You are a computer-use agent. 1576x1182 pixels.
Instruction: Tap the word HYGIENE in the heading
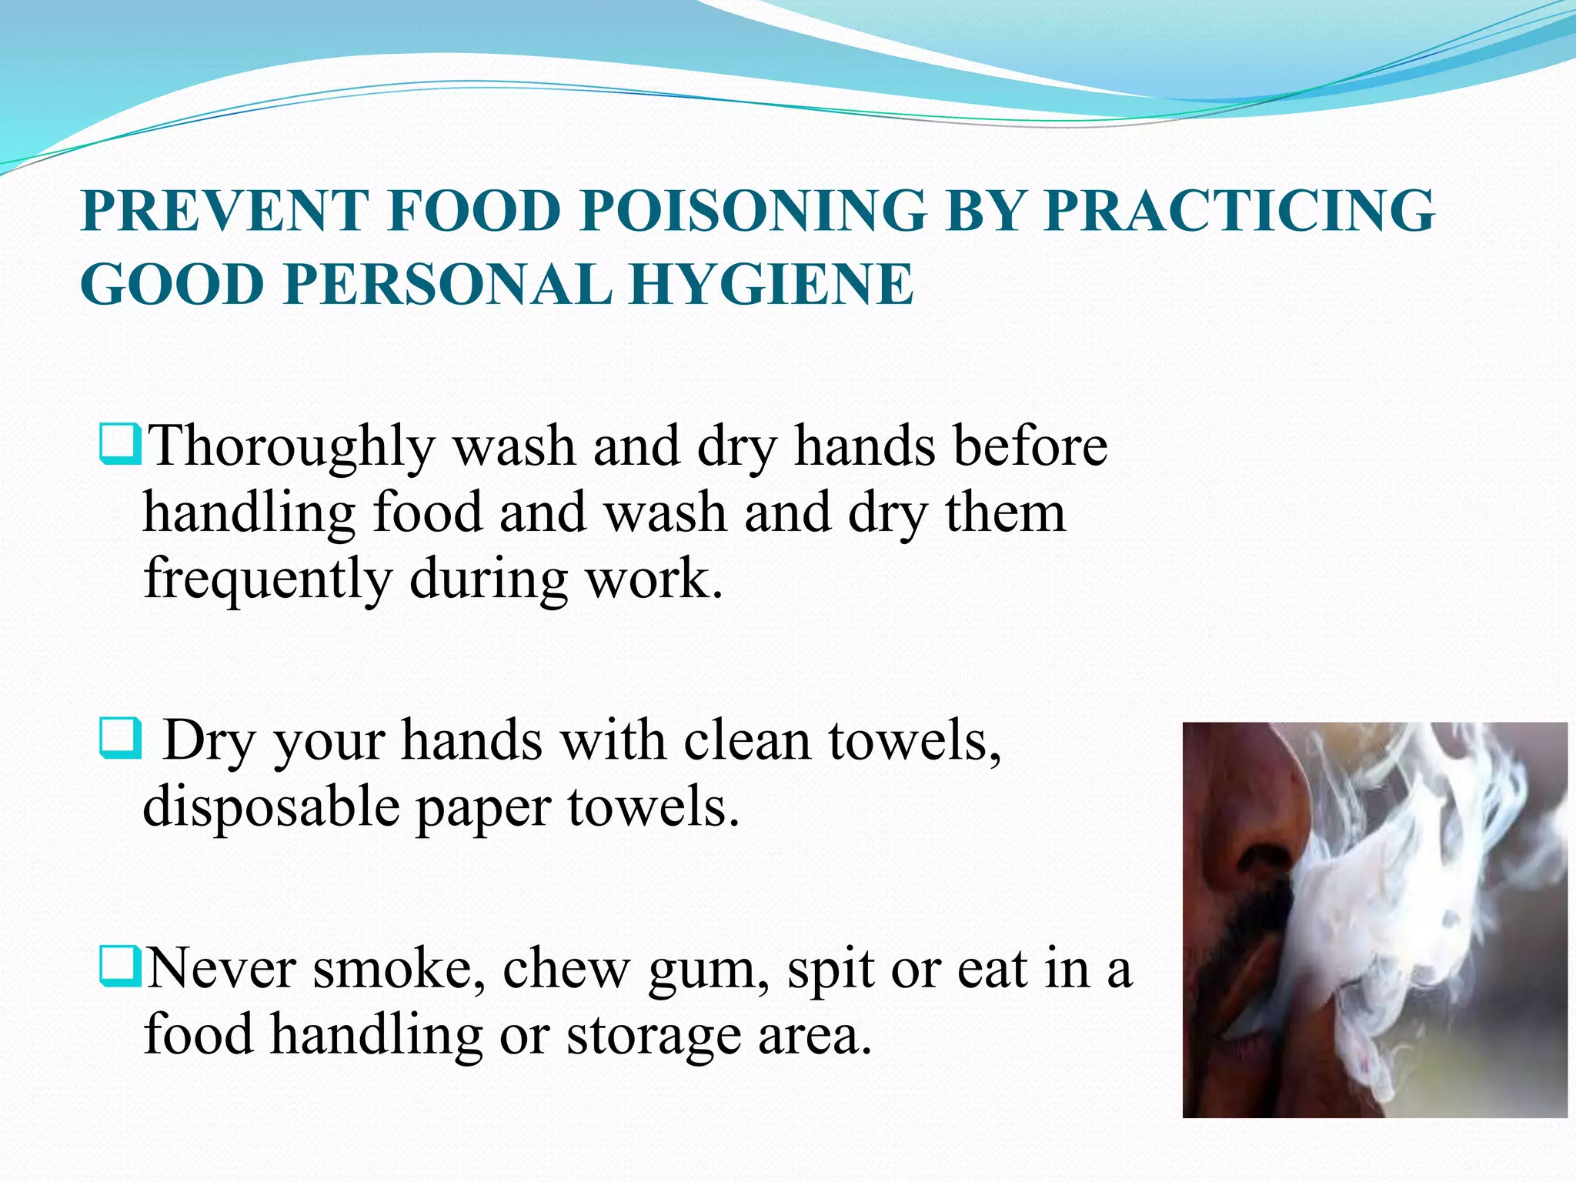pyautogui.click(x=772, y=284)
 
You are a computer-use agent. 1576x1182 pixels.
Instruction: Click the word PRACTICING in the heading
pyautogui.click(x=1238, y=210)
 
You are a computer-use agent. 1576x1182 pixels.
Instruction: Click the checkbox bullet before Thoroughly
pyautogui.click(x=120, y=446)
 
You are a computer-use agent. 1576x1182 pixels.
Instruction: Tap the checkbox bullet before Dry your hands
pyautogui.click(x=120, y=739)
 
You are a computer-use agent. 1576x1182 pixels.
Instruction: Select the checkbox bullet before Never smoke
pyautogui.click(x=120, y=968)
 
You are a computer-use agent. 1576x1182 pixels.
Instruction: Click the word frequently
pyautogui.click(x=267, y=579)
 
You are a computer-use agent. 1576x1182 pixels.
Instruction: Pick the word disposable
pyautogui.click(x=271, y=808)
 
